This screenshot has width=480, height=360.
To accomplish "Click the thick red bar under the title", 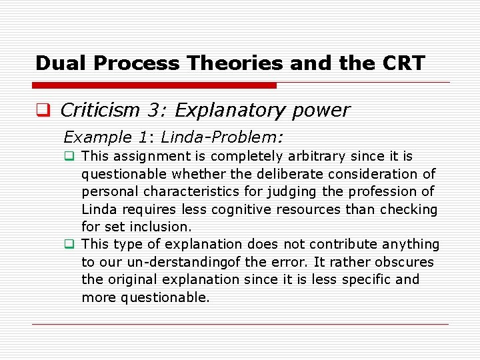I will pos(155,85).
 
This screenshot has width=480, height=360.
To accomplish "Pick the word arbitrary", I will pos(316,157).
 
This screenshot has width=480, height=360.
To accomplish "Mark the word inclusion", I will pos(159,227).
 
